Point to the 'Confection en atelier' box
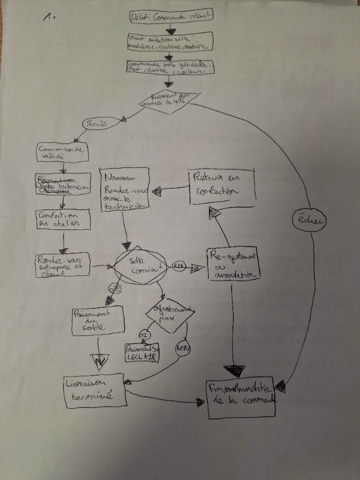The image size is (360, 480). (x=61, y=220)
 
